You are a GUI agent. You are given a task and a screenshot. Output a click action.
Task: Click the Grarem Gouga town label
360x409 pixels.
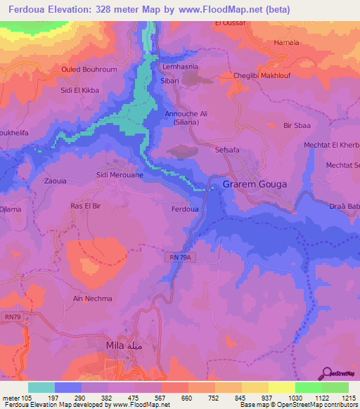(255, 184)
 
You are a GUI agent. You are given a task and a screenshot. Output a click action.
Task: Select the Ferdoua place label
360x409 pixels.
(185, 209)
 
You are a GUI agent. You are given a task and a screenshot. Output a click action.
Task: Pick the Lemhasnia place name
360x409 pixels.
(180, 67)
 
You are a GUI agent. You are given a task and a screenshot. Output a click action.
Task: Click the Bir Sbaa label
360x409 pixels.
(297, 125)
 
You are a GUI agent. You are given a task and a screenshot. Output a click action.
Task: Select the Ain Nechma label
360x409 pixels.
(93, 299)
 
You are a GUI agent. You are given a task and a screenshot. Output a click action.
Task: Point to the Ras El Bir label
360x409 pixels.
(87, 205)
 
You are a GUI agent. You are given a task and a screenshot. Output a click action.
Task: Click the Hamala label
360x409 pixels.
(286, 42)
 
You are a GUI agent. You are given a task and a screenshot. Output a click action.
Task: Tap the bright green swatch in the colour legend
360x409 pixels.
(309, 387)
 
